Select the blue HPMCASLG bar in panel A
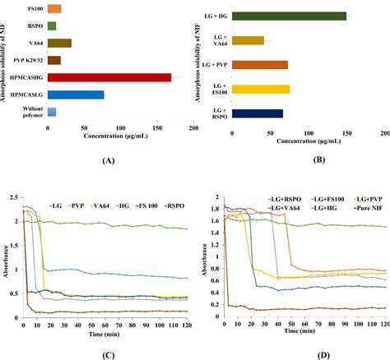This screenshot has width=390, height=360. (76, 95)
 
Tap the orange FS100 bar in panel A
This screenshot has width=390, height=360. (54, 9)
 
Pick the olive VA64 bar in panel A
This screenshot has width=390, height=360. (59, 43)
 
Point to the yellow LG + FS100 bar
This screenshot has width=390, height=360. (262, 89)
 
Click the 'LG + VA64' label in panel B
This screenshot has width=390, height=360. (217, 39)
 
